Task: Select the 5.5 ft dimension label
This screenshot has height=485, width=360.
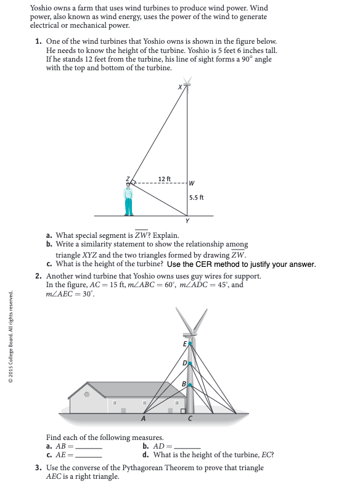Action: (197, 198)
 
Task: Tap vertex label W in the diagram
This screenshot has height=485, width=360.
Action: (192, 183)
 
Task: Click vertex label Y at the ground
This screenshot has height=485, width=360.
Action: (187, 221)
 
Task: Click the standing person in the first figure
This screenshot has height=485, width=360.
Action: (128, 198)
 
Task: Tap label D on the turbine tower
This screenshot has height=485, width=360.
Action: (184, 364)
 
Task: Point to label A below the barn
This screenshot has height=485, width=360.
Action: (144, 419)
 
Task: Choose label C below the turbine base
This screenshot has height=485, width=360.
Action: (190, 419)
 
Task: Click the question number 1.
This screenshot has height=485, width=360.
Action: (38, 41)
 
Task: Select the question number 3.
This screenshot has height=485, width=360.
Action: (38, 468)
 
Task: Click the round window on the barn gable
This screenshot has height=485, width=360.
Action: (88, 393)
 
